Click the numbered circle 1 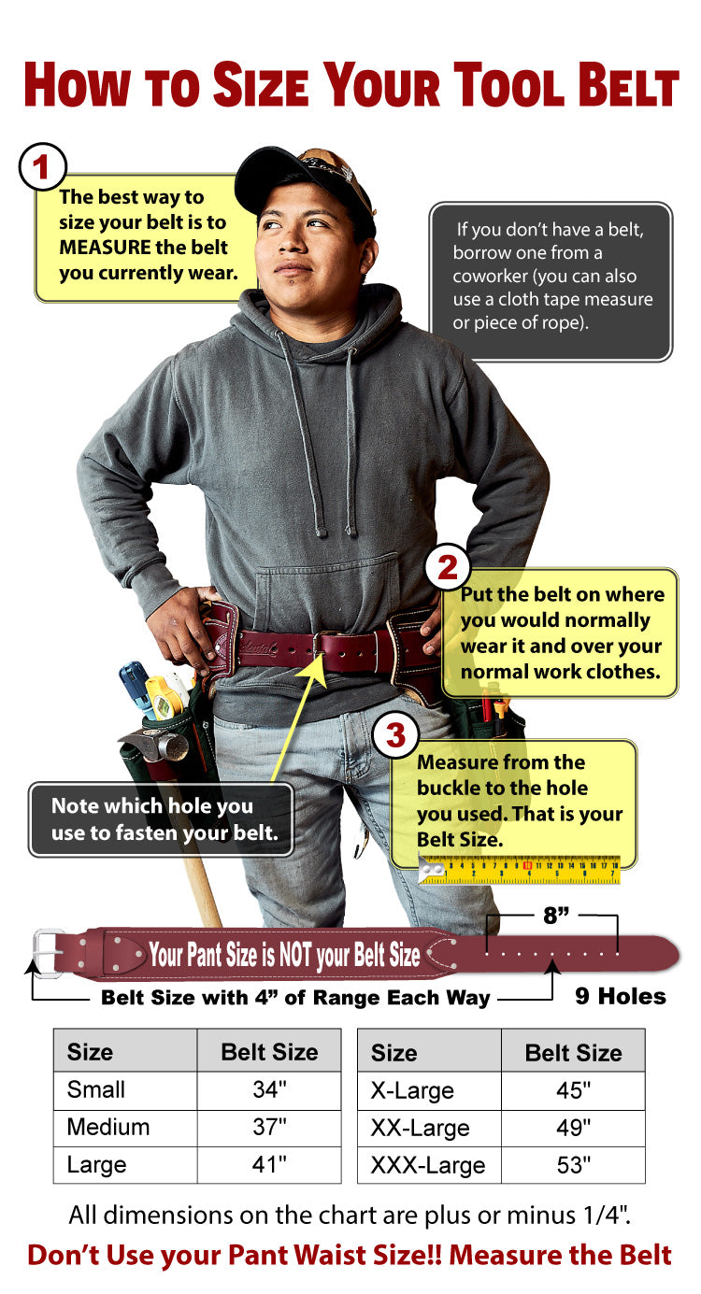[x=42, y=168]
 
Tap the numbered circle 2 [x=448, y=567]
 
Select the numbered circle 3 [x=396, y=736]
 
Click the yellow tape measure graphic [x=520, y=871]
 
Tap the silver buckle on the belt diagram [x=49, y=952]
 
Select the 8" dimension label [x=556, y=916]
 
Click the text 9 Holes [x=620, y=996]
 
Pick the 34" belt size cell [x=269, y=1090]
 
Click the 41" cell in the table [x=269, y=1165]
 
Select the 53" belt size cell [x=573, y=1166]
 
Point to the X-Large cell [x=412, y=1090]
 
